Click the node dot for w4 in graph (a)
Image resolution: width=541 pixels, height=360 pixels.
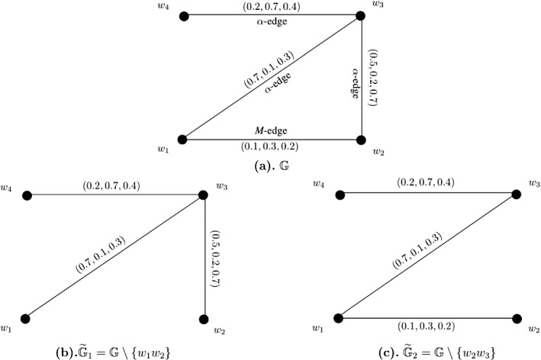[x=184, y=14]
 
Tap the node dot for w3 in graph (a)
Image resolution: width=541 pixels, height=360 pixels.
[x=362, y=14]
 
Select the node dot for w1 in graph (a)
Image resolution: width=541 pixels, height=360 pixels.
[x=182, y=139]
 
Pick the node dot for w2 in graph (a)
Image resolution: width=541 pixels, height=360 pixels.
[x=362, y=140]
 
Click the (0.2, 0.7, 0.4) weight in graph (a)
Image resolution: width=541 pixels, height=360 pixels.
[x=272, y=8]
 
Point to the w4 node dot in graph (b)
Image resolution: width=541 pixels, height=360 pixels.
[x=27, y=195]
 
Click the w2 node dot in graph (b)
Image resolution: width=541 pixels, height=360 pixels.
[x=204, y=319]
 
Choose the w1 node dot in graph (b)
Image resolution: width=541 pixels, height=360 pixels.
[x=27, y=319]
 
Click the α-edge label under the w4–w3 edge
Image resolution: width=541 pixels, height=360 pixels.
[x=272, y=22]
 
